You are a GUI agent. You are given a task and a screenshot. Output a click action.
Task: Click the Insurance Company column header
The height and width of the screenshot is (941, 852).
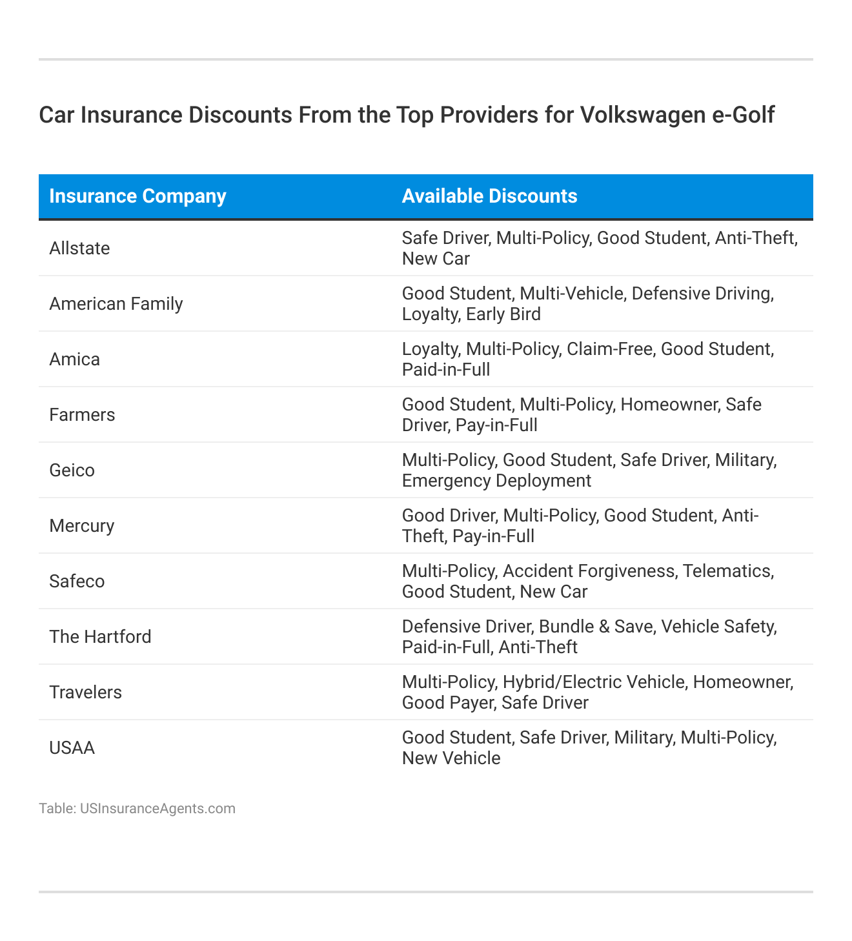[x=137, y=196]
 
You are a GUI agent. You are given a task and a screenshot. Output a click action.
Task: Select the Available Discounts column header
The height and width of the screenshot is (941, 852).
[x=489, y=196]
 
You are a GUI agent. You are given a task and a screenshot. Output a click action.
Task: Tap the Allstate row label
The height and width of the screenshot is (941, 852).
[x=79, y=248]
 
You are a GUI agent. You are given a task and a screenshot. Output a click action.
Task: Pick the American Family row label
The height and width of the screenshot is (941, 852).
[x=116, y=304]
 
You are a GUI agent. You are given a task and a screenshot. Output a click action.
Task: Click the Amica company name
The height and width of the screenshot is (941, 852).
[x=74, y=359]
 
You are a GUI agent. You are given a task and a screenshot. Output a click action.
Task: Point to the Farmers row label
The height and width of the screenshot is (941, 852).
[x=82, y=415]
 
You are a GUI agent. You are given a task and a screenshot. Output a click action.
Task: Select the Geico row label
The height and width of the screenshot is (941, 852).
[x=72, y=470]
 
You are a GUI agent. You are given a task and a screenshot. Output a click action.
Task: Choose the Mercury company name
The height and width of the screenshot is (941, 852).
[x=81, y=526]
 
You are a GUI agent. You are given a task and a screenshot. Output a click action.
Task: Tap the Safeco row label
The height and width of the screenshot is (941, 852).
[x=77, y=582]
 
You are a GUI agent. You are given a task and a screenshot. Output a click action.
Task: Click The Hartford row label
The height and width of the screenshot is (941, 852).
[x=100, y=637]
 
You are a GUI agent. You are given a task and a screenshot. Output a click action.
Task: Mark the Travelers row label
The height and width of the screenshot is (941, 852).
[x=85, y=693]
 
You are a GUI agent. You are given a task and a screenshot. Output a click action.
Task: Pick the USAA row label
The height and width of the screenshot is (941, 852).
[x=72, y=748]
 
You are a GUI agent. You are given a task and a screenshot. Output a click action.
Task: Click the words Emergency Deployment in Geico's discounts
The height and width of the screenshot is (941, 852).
[x=496, y=481]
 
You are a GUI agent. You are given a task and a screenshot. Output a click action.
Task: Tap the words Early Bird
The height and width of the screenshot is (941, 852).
[x=505, y=314]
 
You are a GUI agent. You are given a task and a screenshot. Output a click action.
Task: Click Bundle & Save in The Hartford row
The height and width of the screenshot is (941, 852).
[x=595, y=627]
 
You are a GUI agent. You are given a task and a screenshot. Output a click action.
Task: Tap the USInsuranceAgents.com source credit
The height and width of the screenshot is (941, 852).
[x=157, y=809]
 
